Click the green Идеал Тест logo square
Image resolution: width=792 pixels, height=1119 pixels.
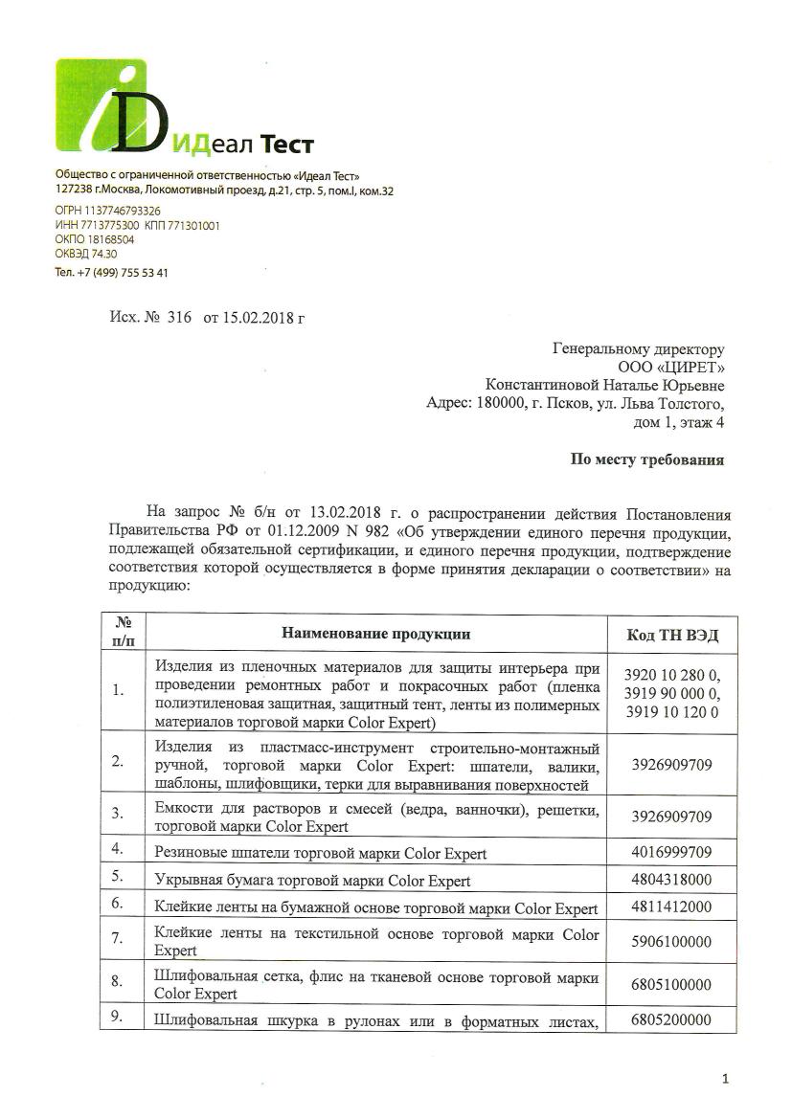(x=102, y=104)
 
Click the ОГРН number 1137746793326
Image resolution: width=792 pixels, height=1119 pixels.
(x=122, y=211)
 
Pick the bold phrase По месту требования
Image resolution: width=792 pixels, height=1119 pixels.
(x=647, y=459)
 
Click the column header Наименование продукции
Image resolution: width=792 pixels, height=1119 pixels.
(x=375, y=634)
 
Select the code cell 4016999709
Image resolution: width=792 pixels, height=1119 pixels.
(x=671, y=852)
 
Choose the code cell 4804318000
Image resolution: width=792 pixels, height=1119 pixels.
(x=671, y=880)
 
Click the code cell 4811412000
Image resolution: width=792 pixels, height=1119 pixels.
(x=671, y=907)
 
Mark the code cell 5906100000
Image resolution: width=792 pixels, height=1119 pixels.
(x=671, y=942)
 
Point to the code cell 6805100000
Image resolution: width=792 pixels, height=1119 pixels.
(x=671, y=985)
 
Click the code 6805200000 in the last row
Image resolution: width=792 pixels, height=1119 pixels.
(x=671, y=1020)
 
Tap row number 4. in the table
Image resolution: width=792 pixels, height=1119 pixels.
(x=117, y=849)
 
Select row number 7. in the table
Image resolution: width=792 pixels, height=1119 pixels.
(x=117, y=940)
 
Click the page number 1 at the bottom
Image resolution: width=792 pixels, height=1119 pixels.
(x=725, y=1080)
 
